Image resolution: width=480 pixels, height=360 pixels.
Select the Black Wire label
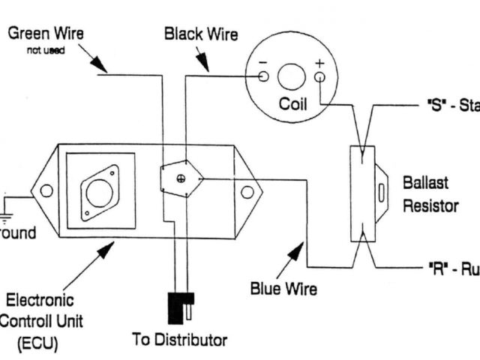pyautogui.click(x=200, y=34)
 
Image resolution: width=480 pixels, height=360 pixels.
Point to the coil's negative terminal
pyautogui.click(x=263, y=76)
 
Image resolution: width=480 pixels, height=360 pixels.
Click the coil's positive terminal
pyautogui.click(x=319, y=76)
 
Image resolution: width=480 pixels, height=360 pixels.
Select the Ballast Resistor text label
pyautogui.click(x=430, y=193)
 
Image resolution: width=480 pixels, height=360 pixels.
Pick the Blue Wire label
pyautogui.click(x=283, y=289)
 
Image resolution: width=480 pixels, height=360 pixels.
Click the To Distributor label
pyautogui.click(x=179, y=340)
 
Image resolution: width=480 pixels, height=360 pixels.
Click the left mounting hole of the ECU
pyautogui.click(x=46, y=191)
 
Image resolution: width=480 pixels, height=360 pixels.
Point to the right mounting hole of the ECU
pyautogui.click(x=246, y=192)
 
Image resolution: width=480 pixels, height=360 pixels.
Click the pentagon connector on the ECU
pyautogui.click(x=181, y=178)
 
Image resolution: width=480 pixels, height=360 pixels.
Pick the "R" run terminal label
pyautogui.click(x=449, y=267)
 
